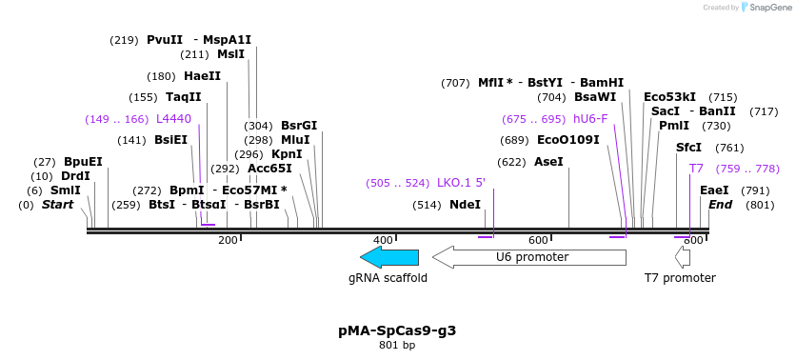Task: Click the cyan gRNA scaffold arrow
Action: pyautogui.click(x=389, y=257)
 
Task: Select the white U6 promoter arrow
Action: pyautogui.click(x=529, y=257)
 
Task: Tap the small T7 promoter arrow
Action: pyautogui.click(x=682, y=257)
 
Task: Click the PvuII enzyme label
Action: pyautogui.click(x=165, y=40)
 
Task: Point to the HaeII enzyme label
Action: pyautogui.click(x=203, y=76)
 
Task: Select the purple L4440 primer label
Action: pyautogui.click(x=174, y=119)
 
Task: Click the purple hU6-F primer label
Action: pyautogui.click(x=590, y=119)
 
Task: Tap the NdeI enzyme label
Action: pyautogui.click(x=466, y=205)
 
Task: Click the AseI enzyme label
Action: pyautogui.click(x=548, y=162)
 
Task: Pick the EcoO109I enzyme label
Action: pyautogui.click(x=568, y=140)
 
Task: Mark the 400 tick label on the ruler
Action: pyautogui.click(x=383, y=240)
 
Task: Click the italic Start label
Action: pyautogui.click(x=58, y=205)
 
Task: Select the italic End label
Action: pyautogui.click(x=721, y=205)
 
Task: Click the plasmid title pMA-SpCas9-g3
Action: pyautogui.click(x=397, y=330)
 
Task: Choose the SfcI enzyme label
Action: pyautogui.click(x=688, y=148)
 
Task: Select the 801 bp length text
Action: pyautogui.click(x=397, y=346)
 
